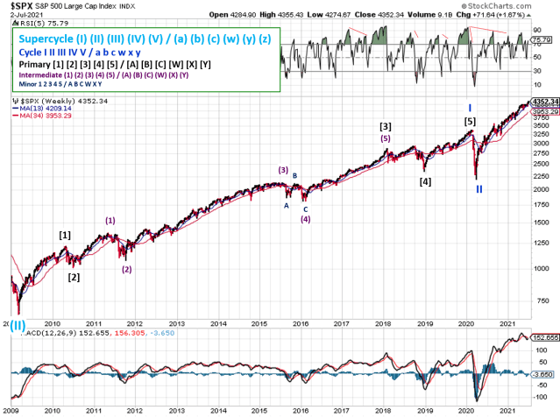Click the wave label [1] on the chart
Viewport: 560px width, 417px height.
(65, 235)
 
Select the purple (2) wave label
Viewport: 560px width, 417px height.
(127, 269)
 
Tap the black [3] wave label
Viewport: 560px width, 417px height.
(385, 126)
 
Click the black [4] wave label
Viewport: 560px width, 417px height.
(425, 181)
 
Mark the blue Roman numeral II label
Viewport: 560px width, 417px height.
(478, 188)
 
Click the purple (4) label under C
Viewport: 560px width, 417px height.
(306, 218)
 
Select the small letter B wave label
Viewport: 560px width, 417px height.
(295, 175)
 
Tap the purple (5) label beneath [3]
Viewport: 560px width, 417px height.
(385, 138)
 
